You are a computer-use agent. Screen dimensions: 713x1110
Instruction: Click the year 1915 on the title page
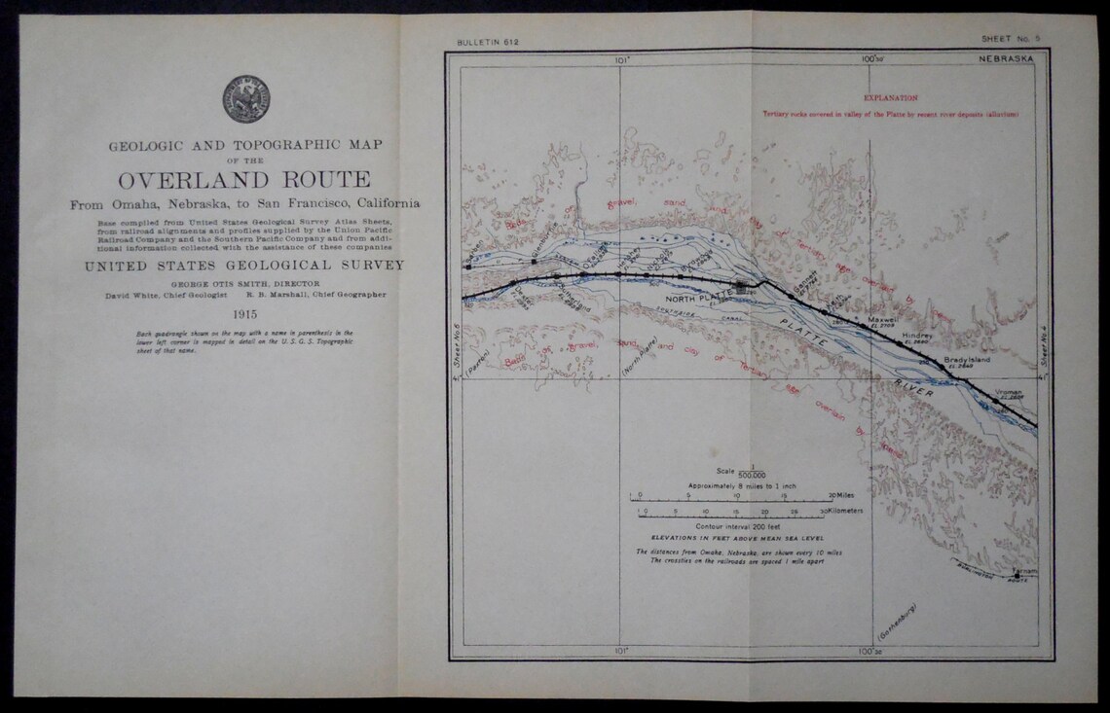click(243, 313)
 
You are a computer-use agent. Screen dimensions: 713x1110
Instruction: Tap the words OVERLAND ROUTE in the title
click(243, 180)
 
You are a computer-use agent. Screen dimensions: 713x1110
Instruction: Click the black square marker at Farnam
click(1017, 577)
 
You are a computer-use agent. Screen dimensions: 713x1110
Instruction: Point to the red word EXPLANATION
click(890, 98)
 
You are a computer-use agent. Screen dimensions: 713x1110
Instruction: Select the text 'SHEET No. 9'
click(1016, 39)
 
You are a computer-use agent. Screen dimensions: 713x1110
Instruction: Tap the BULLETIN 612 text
click(485, 44)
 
